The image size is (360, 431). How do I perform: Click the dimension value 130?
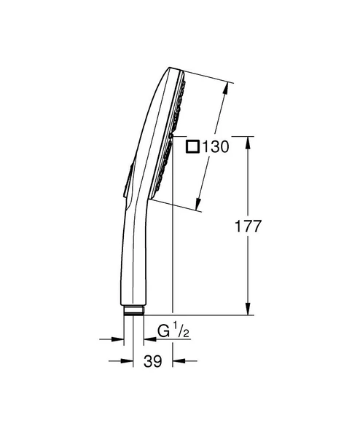point(216,146)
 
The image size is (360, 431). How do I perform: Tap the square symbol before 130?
point(193,146)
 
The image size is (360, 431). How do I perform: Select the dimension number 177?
point(248,226)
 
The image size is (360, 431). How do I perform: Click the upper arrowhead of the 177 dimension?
point(249,141)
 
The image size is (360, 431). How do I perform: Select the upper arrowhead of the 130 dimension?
point(229,87)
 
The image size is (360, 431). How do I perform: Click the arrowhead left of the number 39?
point(119,360)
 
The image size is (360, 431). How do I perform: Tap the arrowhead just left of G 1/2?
point(149,339)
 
